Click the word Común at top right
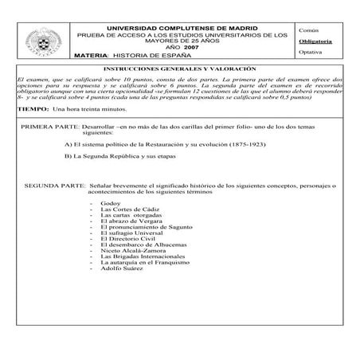[309, 28]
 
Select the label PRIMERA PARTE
[49, 127]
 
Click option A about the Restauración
[149, 146]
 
